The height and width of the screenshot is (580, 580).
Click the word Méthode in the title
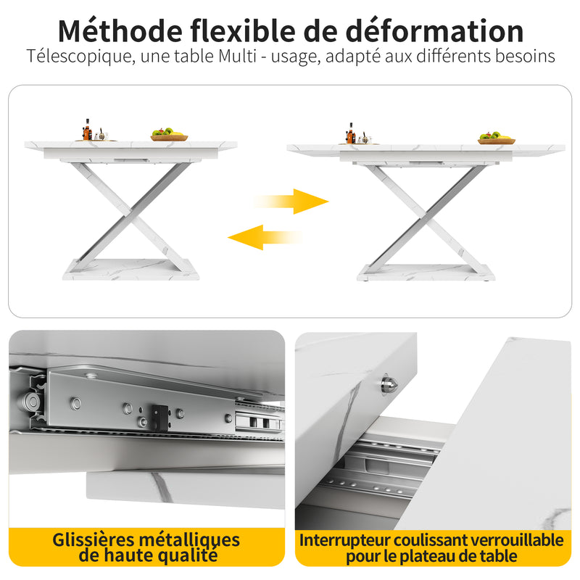tap(120, 30)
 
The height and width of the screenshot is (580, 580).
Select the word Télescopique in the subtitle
tap(79, 57)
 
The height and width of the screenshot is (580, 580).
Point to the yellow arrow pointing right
tap(291, 202)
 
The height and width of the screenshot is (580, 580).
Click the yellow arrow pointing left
tap(265, 237)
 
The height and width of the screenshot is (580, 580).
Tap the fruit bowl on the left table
tap(169, 135)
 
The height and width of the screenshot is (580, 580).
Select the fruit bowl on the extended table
tap(496, 138)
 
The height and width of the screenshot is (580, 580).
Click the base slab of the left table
tap(130, 269)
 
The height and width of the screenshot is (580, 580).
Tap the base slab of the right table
tap(426, 273)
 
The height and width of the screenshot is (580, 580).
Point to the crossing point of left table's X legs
tap(131, 213)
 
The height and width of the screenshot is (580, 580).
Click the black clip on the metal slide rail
tap(159, 418)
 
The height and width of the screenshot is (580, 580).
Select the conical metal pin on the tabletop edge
tap(389, 384)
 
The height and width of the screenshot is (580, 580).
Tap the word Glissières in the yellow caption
tap(93, 539)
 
